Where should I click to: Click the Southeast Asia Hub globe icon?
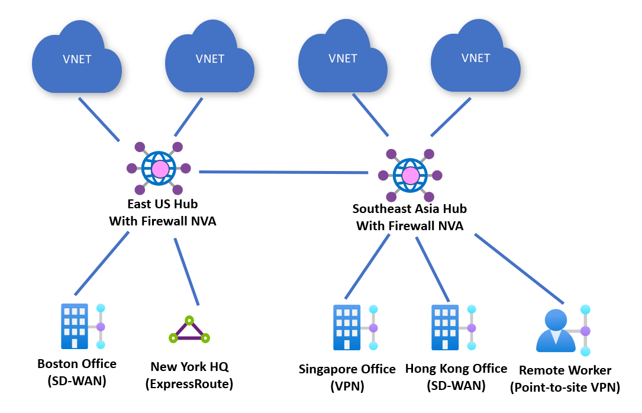click(410, 175)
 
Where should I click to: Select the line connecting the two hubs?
click(283, 172)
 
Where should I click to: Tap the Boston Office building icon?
click(75, 326)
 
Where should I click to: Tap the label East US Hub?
click(163, 204)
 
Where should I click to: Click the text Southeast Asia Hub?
click(409, 209)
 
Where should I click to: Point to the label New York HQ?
click(189, 367)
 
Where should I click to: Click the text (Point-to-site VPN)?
click(565, 388)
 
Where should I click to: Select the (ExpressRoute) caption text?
click(189, 384)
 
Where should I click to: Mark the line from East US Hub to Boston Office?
click(101, 263)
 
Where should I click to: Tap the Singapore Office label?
click(347, 369)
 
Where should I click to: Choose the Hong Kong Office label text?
click(456, 369)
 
